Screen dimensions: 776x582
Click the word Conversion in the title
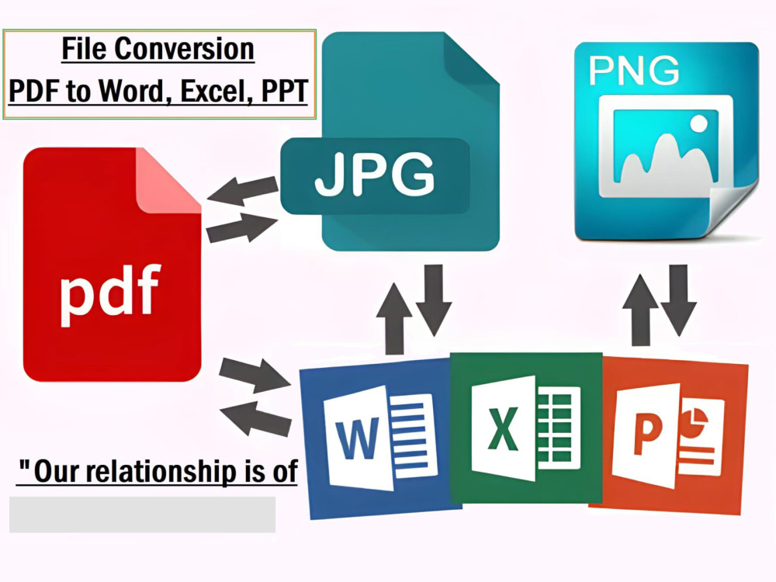[x=185, y=49]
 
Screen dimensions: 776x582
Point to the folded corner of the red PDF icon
[x=168, y=181]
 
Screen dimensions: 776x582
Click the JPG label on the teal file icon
[x=375, y=174]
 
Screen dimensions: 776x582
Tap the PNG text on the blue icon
[x=633, y=71]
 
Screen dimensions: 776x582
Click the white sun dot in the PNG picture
[x=699, y=123]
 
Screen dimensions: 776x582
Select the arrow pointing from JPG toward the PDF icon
[x=242, y=191]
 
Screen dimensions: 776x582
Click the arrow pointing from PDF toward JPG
[x=241, y=228]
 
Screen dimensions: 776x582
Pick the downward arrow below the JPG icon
[x=434, y=300]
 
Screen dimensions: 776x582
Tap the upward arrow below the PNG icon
[x=640, y=310]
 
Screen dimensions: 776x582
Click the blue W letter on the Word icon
[x=357, y=438]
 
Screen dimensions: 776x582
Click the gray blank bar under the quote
[x=143, y=514]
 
